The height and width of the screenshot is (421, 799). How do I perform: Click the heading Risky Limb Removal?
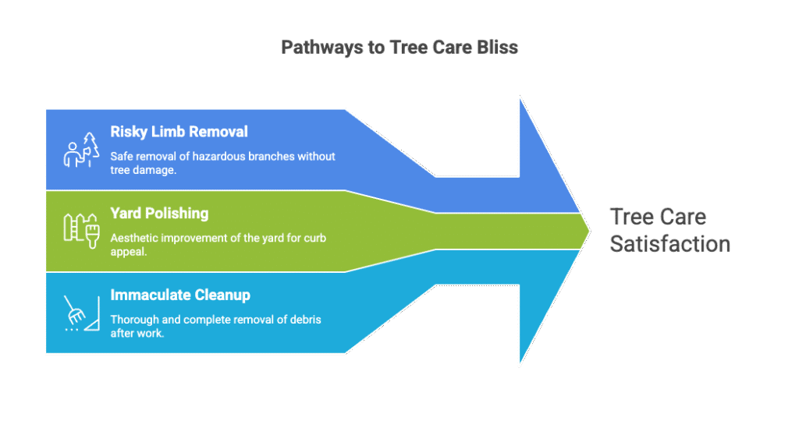[x=179, y=132]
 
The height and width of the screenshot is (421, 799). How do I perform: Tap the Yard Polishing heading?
[x=159, y=214]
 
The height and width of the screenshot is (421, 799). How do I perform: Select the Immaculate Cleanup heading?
[x=180, y=295]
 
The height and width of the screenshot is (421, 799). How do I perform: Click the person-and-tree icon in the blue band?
[x=81, y=150]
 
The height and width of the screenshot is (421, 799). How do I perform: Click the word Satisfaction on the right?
[x=669, y=243]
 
